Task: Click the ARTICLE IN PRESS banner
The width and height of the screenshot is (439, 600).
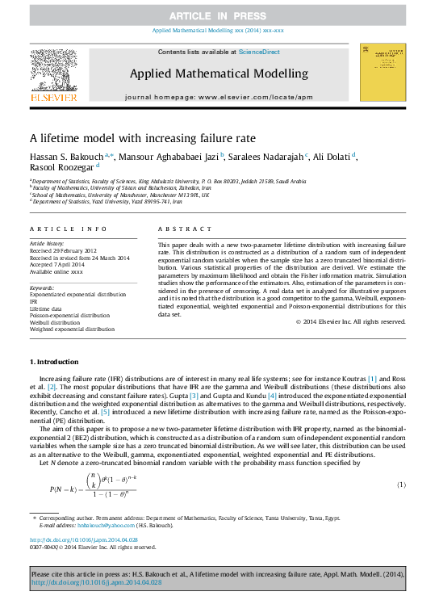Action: tap(219, 16)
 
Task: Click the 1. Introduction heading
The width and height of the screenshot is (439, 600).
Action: tap(55, 362)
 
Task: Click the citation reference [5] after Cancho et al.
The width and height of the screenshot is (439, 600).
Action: tap(105, 411)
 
